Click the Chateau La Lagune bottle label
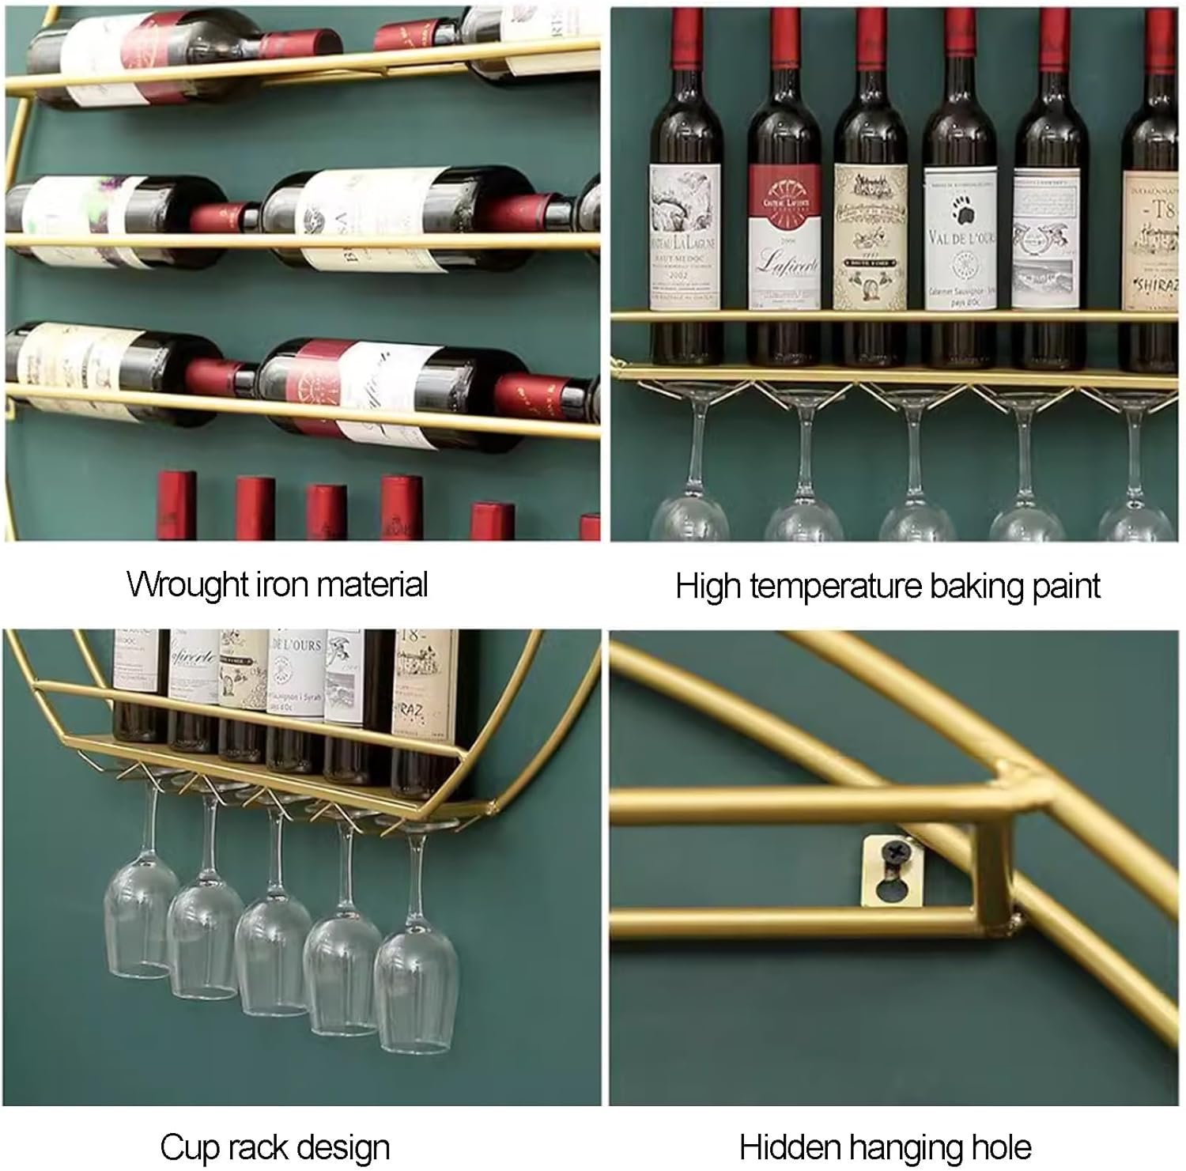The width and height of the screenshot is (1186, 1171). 684,237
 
